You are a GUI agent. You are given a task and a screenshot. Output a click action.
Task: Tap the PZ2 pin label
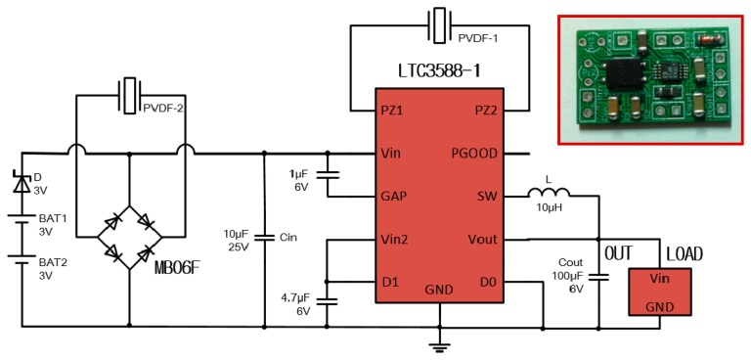pyautogui.click(x=491, y=111)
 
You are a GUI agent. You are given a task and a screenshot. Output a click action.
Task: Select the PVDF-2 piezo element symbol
pyautogui.click(x=127, y=95)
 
